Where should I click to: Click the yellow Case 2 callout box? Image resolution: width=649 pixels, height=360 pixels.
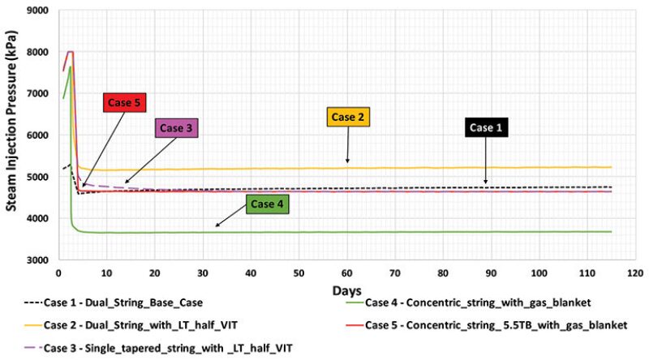tap(347, 118)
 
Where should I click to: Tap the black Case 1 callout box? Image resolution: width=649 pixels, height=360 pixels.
tap(487, 128)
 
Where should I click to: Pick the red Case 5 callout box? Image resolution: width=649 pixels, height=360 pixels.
tap(126, 103)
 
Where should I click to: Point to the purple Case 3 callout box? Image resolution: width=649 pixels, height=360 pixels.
tap(177, 127)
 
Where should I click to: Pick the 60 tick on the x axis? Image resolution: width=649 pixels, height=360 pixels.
tap(347, 273)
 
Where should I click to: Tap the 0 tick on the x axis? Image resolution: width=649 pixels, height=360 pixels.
tap(58, 273)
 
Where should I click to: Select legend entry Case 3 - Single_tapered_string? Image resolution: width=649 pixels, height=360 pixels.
tap(154, 347)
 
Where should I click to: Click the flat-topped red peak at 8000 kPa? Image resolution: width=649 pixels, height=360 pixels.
tap(71, 52)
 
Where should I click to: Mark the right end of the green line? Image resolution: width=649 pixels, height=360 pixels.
tap(610, 232)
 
